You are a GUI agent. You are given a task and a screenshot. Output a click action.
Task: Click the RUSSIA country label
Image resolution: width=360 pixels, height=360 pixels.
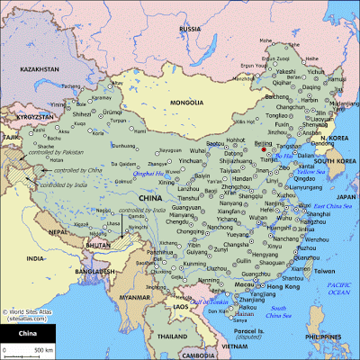190,29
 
